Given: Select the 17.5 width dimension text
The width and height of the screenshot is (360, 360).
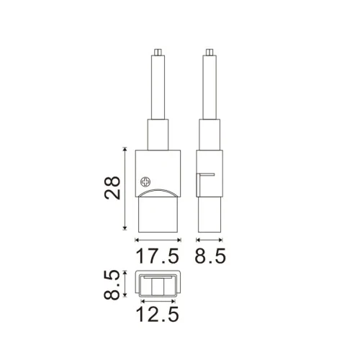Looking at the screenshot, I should (x=158, y=256).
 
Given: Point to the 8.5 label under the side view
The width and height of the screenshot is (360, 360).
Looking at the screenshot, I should (x=209, y=256).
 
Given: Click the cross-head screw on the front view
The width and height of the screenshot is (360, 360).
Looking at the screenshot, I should (x=147, y=183).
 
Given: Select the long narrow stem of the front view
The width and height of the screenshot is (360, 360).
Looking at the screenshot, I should (x=158, y=86).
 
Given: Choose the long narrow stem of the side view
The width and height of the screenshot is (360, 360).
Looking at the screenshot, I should (x=209, y=86).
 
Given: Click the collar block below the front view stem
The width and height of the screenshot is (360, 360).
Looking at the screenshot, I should (x=158, y=133).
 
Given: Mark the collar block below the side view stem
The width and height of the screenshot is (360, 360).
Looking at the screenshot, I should (x=209, y=133).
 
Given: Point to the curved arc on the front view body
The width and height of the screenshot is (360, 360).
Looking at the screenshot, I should (x=158, y=192).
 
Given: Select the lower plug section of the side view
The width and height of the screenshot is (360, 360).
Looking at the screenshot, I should (x=209, y=216).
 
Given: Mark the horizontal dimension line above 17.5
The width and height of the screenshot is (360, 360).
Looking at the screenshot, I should (x=158, y=239).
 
